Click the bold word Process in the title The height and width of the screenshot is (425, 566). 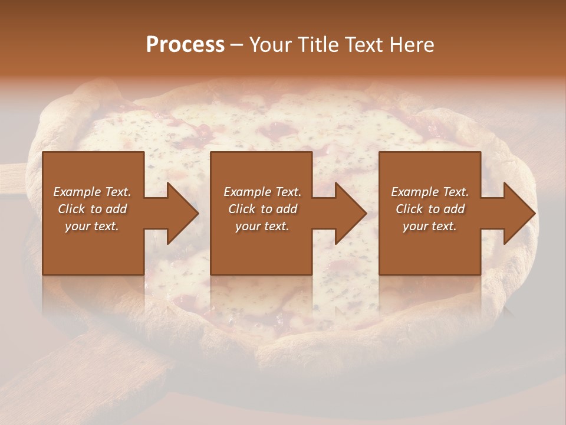(x=185, y=45)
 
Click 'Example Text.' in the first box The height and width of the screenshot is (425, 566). (x=92, y=192)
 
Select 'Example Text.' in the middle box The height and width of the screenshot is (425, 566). (x=262, y=192)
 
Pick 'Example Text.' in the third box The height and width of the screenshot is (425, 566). (x=430, y=192)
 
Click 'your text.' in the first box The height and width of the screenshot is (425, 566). (x=92, y=226)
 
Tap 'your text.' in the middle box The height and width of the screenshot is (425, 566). (x=262, y=226)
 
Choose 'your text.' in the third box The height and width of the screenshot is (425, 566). (x=430, y=226)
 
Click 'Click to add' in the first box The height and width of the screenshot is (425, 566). (x=92, y=209)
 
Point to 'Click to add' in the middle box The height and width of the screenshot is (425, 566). (x=262, y=209)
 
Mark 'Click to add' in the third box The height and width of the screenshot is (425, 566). (x=430, y=209)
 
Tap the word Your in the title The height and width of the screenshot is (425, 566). (x=269, y=45)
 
